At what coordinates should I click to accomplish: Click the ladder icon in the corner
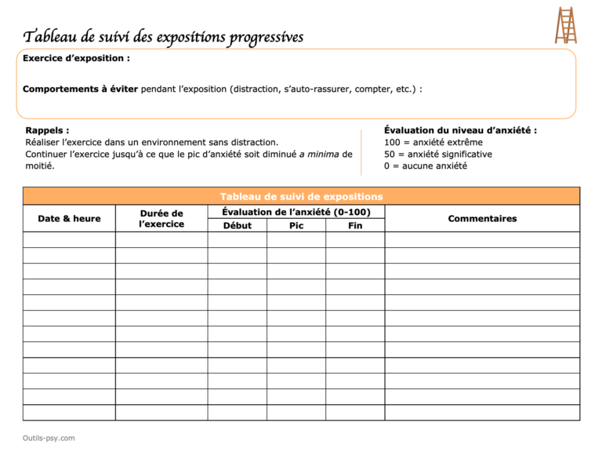click(x=566, y=25)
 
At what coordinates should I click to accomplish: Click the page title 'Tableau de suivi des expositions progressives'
click(x=163, y=37)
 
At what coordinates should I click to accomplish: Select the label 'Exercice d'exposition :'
click(x=76, y=59)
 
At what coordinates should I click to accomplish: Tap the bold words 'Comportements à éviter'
click(x=80, y=89)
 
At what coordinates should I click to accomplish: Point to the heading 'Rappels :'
click(x=47, y=130)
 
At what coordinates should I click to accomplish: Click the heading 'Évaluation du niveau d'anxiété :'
click(x=460, y=130)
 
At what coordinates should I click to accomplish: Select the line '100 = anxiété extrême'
click(x=433, y=142)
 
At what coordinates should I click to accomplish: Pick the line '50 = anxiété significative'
click(x=438, y=154)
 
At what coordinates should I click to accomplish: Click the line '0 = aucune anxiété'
click(x=425, y=166)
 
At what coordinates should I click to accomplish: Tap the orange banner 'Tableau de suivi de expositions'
click(x=301, y=196)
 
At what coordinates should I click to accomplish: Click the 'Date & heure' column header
click(x=69, y=219)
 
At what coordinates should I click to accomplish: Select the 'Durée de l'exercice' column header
click(x=161, y=219)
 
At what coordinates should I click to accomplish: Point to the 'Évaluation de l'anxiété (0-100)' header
click(x=296, y=212)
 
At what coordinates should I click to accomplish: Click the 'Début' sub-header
click(x=237, y=226)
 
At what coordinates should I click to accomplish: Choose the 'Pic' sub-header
click(x=296, y=226)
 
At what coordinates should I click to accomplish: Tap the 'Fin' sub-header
click(x=355, y=226)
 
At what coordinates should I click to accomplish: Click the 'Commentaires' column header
click(x=482, y=219)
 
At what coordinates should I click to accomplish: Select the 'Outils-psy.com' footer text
click(x=49, y=438)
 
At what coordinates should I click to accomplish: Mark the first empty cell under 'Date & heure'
click(x=69, y=240)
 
